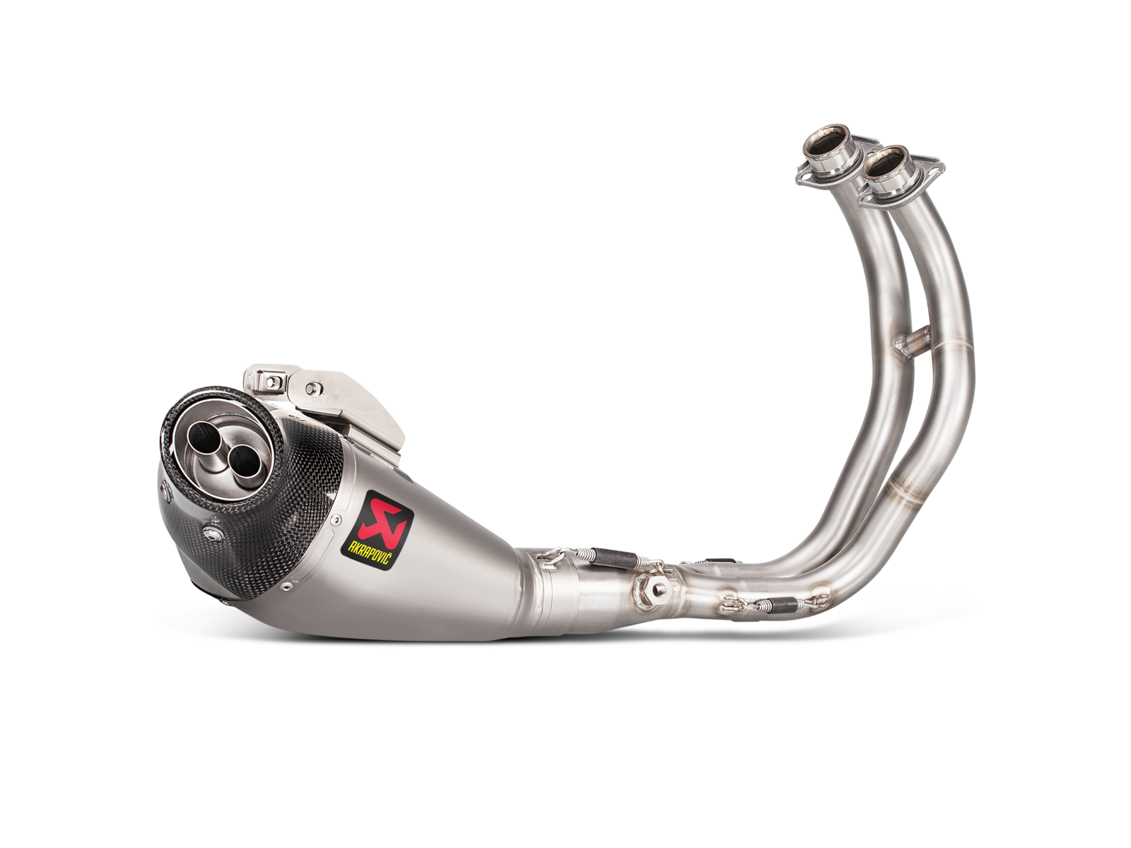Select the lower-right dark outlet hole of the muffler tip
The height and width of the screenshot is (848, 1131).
click(242, 460)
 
